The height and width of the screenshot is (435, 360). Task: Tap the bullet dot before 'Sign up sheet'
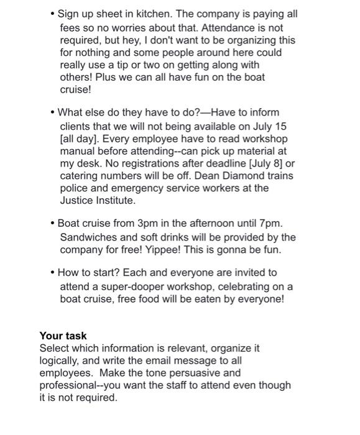point(53,14)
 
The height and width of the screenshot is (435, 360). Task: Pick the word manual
point(79,150)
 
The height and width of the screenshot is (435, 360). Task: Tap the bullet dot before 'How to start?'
point(53,273)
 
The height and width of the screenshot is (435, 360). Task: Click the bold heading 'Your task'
point(63,336)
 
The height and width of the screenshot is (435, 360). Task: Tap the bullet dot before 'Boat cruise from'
point(53,223)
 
